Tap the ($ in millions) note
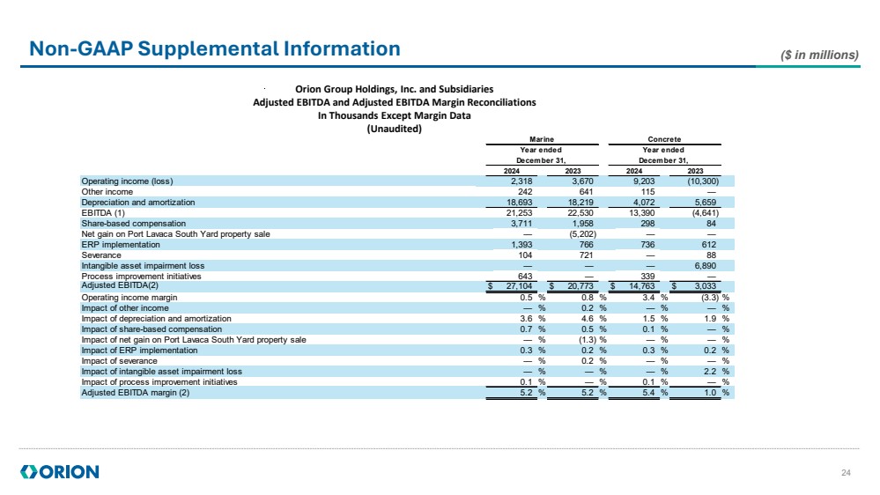click(819, 55)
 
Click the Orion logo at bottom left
click(59, 472)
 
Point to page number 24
click(847, 474)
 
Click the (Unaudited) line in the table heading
click(394, 129)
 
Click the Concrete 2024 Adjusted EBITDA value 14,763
click(639, 286)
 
